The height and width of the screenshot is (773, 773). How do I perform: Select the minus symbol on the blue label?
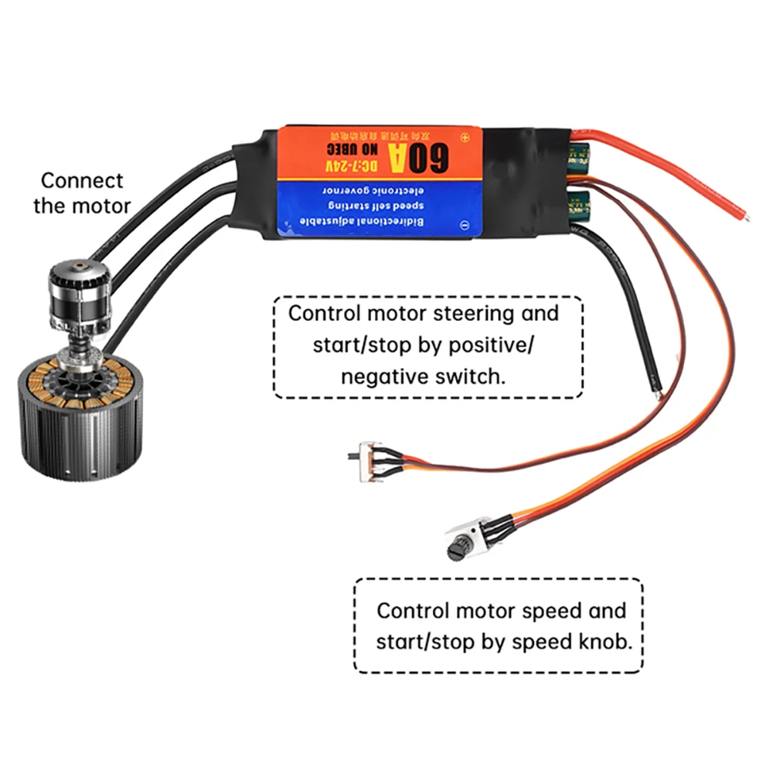(465, 225)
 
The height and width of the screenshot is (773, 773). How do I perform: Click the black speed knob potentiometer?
(458, 550)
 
